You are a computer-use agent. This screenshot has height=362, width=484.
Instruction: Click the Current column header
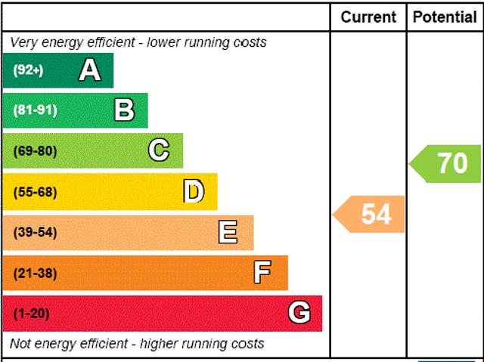click(368, 17)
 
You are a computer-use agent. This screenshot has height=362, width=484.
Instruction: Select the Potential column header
click(445, 17)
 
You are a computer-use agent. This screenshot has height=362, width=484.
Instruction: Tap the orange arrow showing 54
click(371, 215)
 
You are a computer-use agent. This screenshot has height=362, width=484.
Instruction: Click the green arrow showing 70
click(447, 163)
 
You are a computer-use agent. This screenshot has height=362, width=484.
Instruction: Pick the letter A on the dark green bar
click(89, 70)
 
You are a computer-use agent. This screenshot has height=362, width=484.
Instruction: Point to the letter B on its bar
click(124, 110)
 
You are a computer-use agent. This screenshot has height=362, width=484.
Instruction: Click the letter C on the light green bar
click(159, 150)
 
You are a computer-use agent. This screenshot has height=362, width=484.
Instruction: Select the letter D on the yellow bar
click(194, 192)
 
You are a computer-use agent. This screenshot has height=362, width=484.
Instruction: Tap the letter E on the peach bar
click(228, 232)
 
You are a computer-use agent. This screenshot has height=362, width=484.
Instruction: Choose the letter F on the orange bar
click(262, 273)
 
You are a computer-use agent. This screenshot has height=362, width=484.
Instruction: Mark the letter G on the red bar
click(299, 313)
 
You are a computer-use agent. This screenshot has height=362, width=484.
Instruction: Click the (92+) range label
click(28, 70)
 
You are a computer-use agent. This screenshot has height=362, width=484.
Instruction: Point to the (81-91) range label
click(35, 110)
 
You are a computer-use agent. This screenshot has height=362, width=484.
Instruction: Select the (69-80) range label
click(35, 151)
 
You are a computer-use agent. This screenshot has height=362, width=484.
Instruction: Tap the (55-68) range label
click(35, 192)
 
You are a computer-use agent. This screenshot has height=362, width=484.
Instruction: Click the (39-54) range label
click(35, 232)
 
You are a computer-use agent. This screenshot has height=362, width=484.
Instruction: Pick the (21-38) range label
click(35, 273)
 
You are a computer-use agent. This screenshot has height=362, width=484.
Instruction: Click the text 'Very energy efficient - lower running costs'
click(138, 42)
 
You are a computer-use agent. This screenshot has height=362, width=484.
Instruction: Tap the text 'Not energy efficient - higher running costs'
click(137, 344)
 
